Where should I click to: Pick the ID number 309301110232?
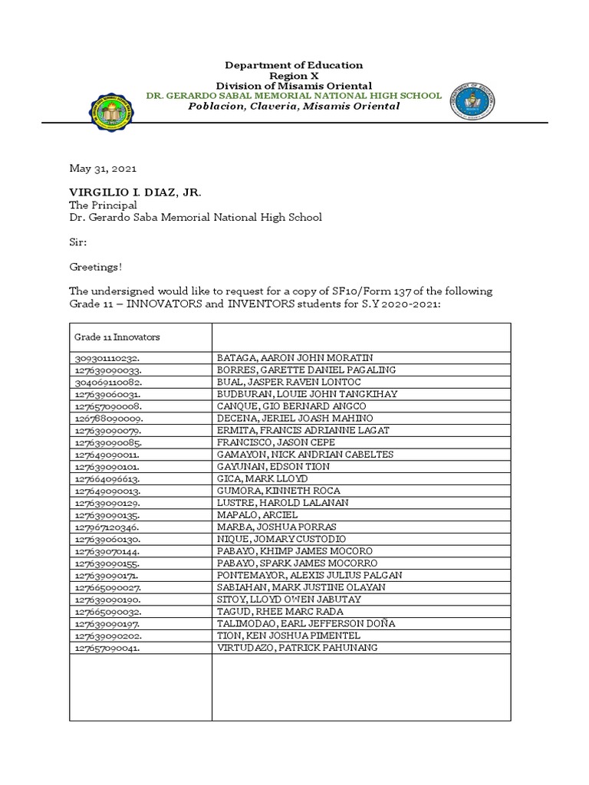click(x=108, y=358)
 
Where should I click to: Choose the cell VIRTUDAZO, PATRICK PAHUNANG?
click(x=298, y=648)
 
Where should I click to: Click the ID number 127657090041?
click(x=108, y=648)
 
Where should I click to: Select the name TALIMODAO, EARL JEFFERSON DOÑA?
click(x=306, y=624)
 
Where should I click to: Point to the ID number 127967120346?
click(x=108, y=527)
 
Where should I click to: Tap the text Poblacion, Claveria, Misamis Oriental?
click(x=294, y=107)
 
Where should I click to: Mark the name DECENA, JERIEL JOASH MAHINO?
click(x=295, y=418)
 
